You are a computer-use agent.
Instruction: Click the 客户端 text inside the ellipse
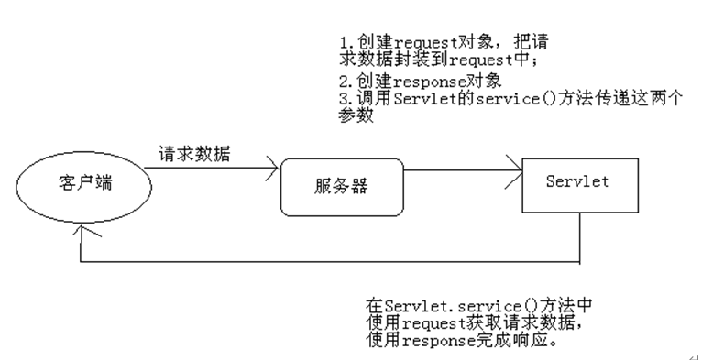85,182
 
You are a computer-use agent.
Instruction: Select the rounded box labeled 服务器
342,187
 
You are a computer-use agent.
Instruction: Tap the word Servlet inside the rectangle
577,181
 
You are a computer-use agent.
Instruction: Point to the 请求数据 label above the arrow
194,154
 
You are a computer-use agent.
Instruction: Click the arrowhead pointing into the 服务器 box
272,169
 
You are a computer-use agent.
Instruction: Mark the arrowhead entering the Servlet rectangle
515,171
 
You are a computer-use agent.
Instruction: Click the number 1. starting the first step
347,43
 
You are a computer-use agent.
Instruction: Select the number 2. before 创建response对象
347,82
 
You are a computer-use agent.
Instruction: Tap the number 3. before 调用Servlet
347,99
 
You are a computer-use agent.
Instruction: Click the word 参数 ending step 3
356,115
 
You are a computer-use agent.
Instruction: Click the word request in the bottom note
434,323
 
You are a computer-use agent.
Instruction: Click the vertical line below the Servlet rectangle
580,238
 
